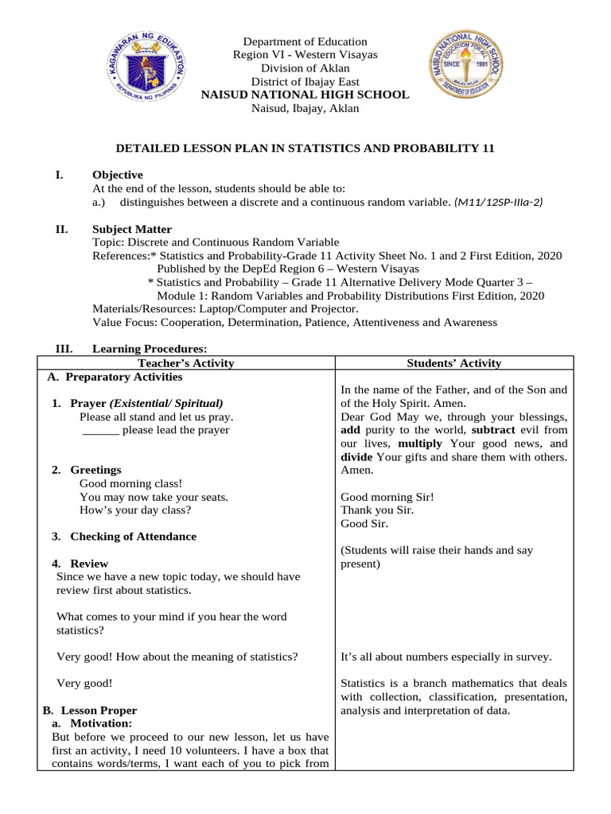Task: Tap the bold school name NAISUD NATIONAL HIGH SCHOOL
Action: pyautogui.click(x=305, y=95)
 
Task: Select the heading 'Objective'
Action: pyautogui.click(x=118, y=175)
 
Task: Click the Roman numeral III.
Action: pyautogui.click(x=64, y=349)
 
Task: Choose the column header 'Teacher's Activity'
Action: pyautogui.click(x=186, y=363)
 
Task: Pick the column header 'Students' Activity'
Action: pyautogui.click(x=454, y=363)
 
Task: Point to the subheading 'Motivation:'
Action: pyautogui.click(x=100, y=724)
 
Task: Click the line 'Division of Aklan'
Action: pyautogui.click(x=305, y=68)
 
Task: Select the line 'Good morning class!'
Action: pyautogui.click(x=131, y=483)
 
